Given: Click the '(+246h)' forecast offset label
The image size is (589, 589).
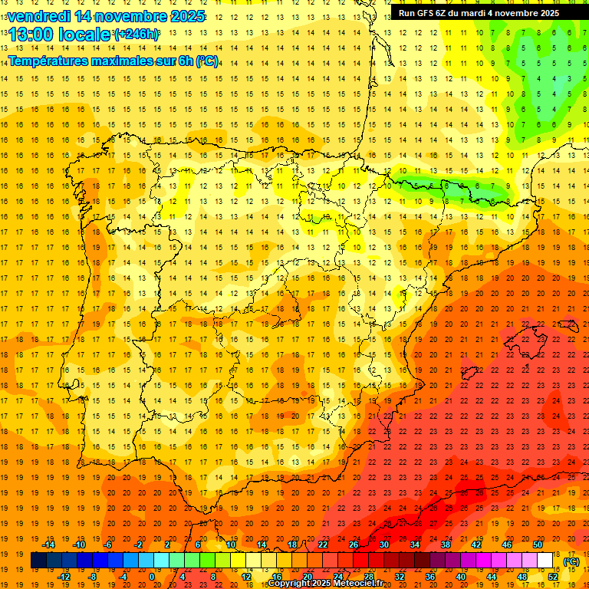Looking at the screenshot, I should pos(136,35).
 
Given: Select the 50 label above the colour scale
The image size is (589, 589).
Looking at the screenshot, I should pos(537,545).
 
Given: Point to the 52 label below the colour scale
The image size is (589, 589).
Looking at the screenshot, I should pos(552,577).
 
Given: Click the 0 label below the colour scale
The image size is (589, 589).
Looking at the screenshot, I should pos(152,577).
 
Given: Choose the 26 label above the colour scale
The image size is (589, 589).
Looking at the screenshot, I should pos(353,545).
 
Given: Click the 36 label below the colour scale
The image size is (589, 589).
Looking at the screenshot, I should pos(430,577).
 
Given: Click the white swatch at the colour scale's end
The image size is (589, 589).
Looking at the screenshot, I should pos(545,561).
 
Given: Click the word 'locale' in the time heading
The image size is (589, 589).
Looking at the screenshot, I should pos(84,35).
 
